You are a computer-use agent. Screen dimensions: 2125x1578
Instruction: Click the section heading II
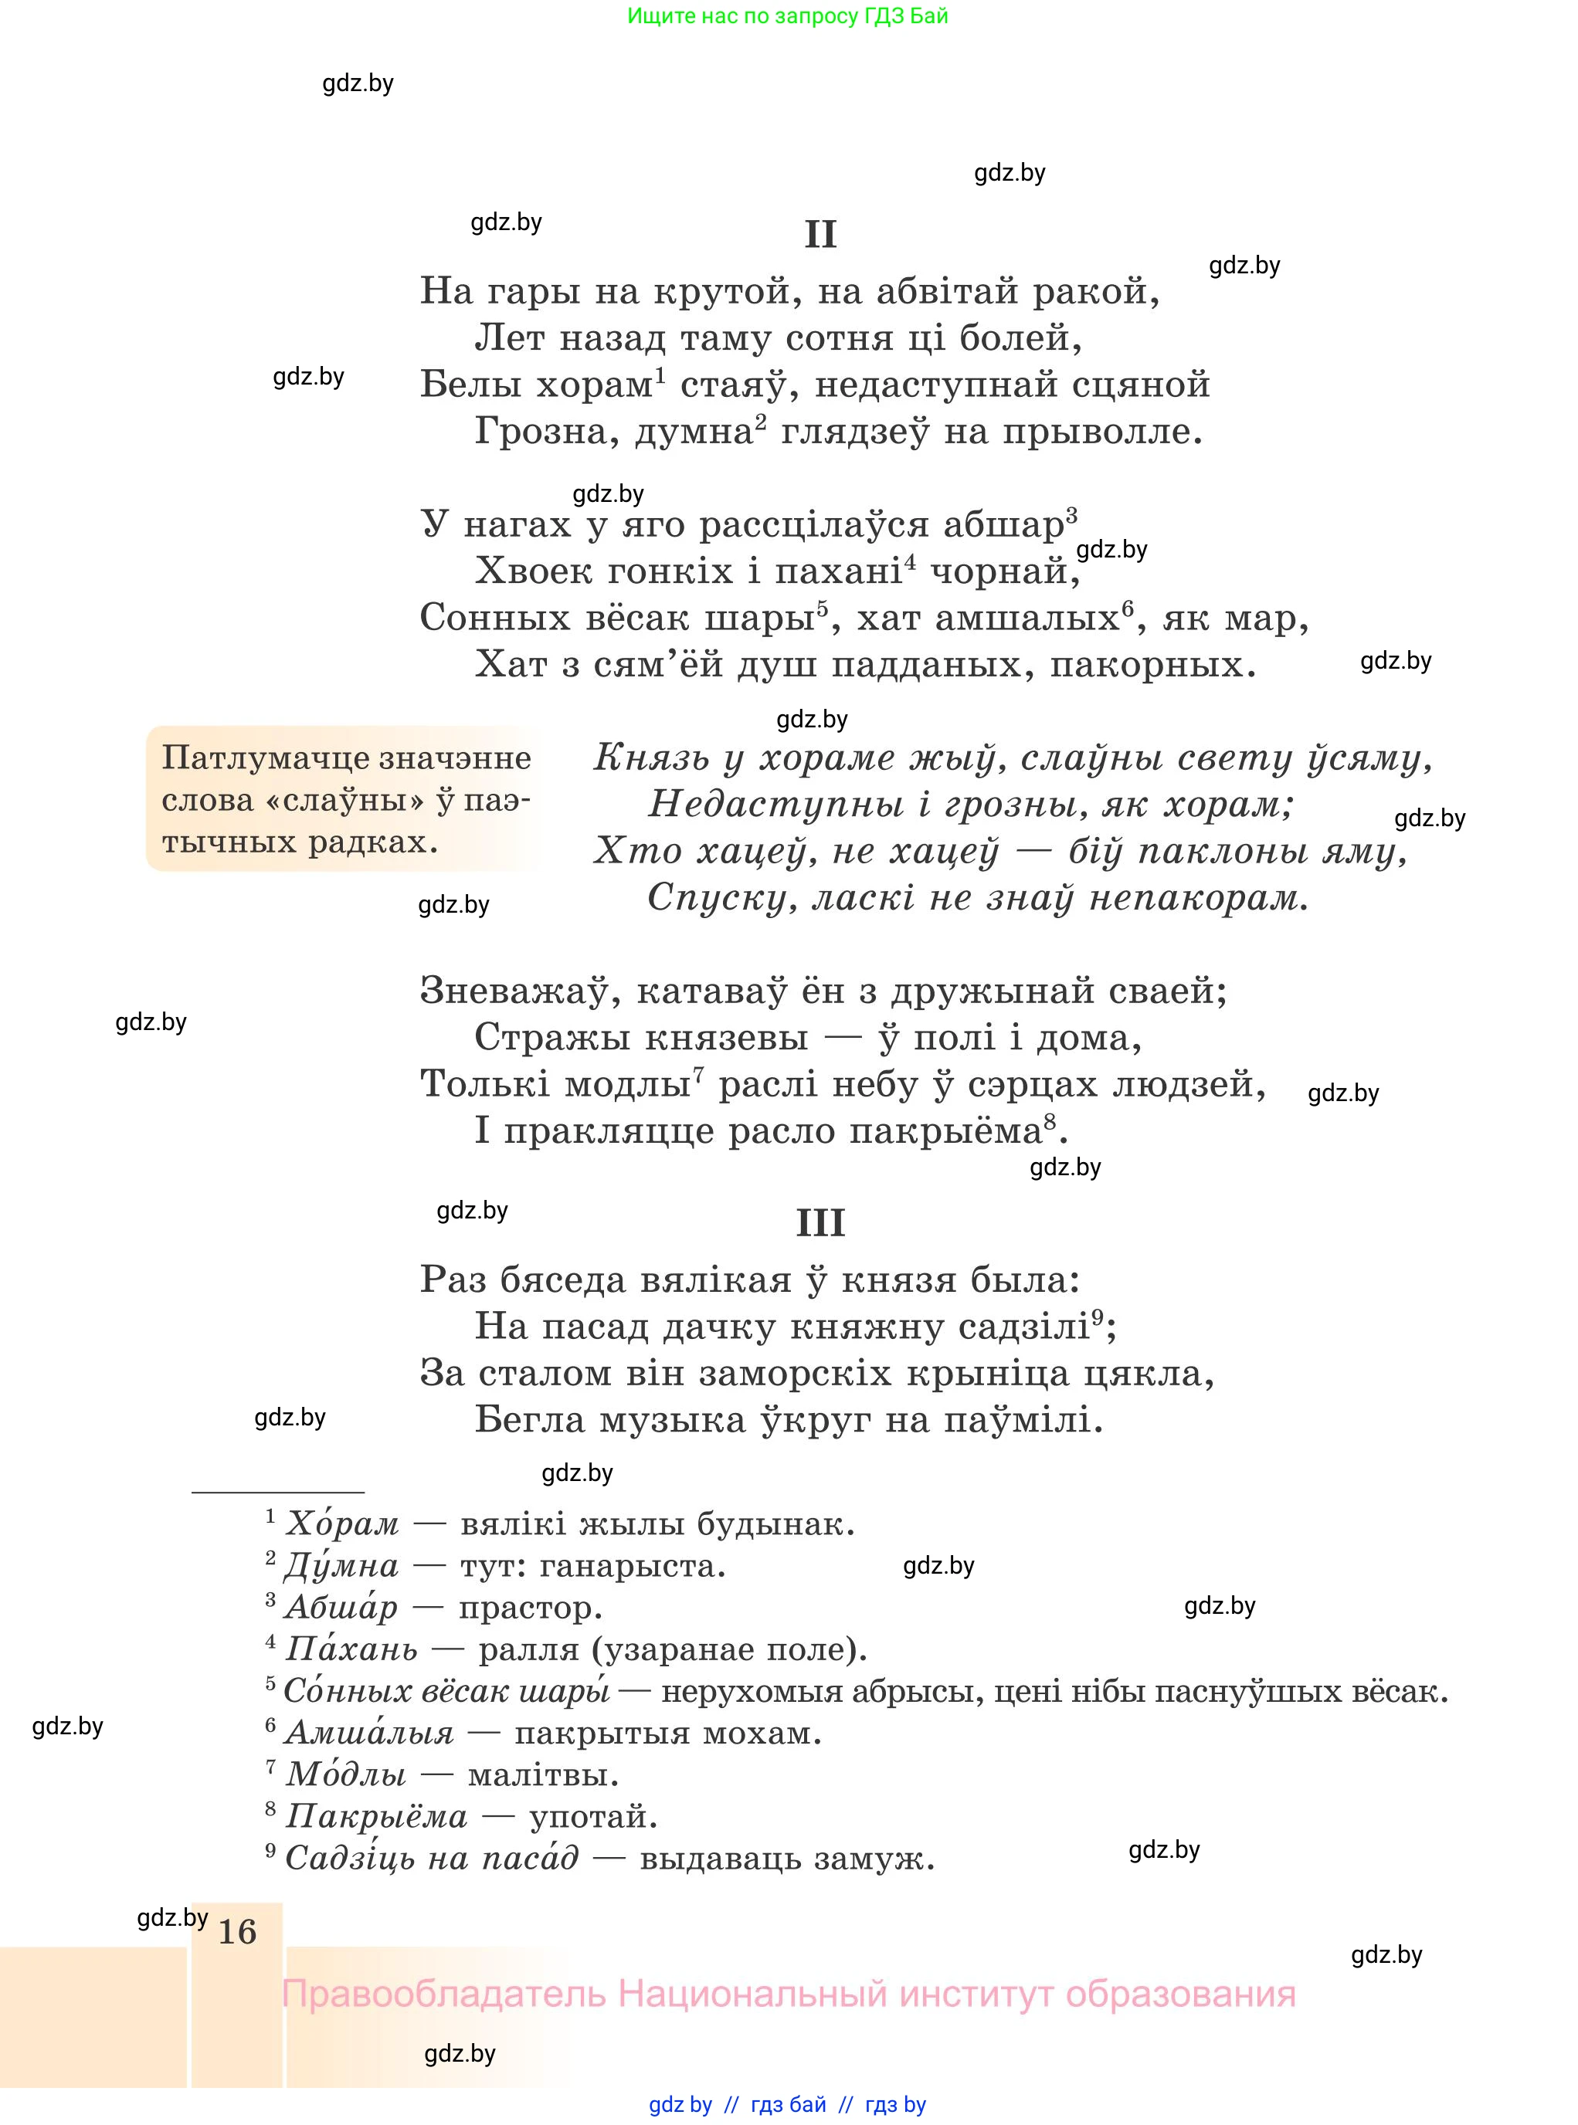(x=820, y=235)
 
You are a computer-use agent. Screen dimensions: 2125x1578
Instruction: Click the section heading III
(x=820, y=1223)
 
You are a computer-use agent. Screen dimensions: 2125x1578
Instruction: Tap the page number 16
(x=237, y=1931)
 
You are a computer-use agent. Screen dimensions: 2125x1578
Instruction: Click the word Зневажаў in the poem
(x=514, y=991)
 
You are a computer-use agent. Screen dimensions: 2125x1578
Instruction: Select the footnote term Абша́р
(x=341, y=1608)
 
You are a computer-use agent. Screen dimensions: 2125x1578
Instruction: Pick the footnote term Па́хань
(x=351, y=1649)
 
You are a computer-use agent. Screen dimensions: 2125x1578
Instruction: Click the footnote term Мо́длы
(x=346, y=1774)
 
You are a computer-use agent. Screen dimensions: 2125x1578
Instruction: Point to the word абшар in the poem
(x=1003, y=525)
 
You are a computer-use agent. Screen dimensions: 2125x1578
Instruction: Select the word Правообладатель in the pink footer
(x=443, y=1995)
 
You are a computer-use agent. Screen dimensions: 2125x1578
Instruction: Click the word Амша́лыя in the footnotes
(x=368, y=1733)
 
